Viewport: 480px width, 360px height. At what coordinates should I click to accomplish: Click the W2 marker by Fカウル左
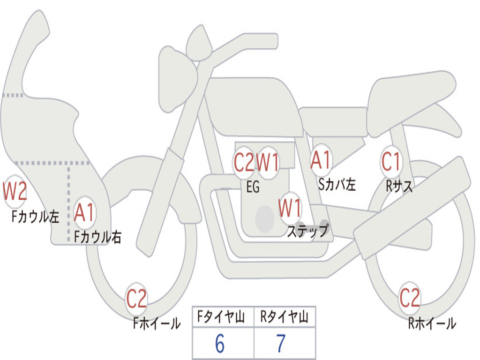pos(15,191)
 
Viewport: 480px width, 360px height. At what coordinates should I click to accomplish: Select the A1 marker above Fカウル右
pos(84,212)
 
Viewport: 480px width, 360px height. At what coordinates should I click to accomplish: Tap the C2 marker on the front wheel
pos(136,299)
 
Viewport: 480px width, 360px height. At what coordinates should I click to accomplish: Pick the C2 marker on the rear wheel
pos(410,298)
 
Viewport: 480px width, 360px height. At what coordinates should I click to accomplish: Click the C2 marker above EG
pos(244,162)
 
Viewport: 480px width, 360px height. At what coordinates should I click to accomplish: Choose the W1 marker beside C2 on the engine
pos(268,162)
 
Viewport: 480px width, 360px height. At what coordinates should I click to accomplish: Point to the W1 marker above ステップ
pos(290,208)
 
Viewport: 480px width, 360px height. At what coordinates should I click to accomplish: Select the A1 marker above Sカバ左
pos(321,160)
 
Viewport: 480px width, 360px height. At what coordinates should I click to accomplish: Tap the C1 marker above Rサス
pos(391,161)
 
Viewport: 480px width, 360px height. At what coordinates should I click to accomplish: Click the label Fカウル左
pos(35,217)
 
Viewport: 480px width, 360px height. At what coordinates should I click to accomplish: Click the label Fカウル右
pos(98,237)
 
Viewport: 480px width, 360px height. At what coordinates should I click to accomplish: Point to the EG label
pos(253,187)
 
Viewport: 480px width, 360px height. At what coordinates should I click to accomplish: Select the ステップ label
pos(307,231)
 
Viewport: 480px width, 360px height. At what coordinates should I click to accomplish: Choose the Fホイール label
pos(157,323)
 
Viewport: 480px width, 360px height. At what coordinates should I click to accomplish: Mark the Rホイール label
pos(432,323)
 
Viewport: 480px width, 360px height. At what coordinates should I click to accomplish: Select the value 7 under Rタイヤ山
pos(281,344)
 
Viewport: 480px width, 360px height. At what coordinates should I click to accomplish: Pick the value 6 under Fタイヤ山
pos(219,344)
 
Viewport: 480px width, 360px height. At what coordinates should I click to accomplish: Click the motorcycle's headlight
pos(178,80)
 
